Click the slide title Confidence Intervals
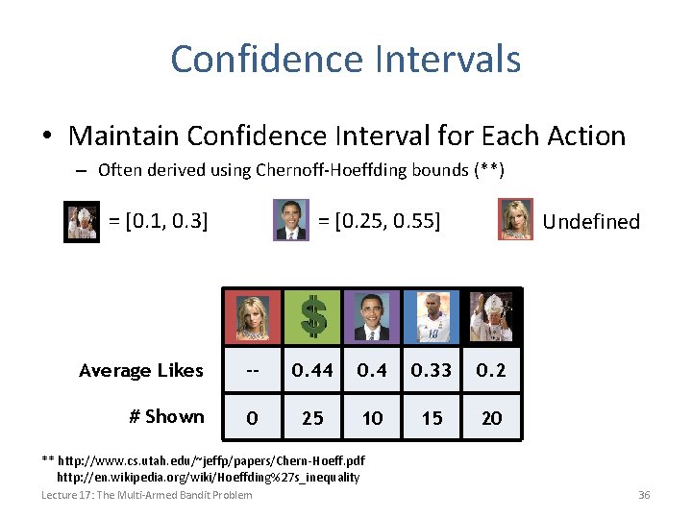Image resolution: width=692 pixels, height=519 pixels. [x=346, y=59]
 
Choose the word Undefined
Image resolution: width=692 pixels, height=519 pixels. [x=591, y=222]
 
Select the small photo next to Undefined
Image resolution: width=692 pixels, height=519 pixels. [x=516, y=220]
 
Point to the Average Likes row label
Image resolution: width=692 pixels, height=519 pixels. [x=141, y=370]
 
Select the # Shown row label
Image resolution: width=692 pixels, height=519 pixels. [x=166, y=417]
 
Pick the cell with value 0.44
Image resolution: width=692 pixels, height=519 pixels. [x=312, y=370]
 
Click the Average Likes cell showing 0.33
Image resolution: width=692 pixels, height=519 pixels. [x=432, y=370]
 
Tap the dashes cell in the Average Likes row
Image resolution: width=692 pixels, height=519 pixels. [x=252, y=370]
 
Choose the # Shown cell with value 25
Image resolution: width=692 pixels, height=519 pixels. [x=312, y=418]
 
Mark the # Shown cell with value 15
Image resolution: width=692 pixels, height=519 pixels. [x=432, y=418]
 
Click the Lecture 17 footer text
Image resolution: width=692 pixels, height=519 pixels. [x=146, y=495]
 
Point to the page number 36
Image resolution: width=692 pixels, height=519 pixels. [x=644, y=495]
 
